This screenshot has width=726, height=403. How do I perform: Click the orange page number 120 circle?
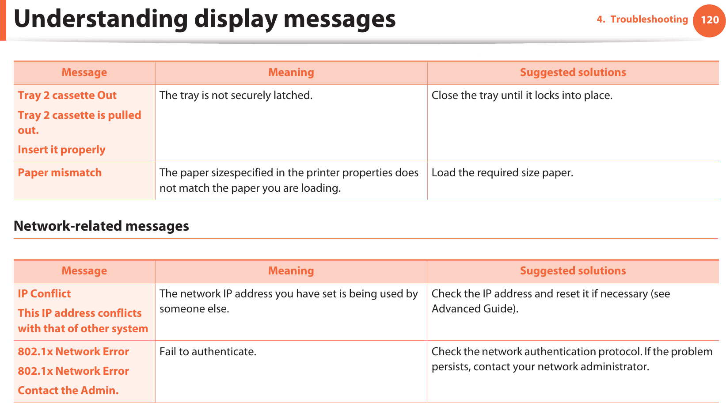click(x=709, y=20)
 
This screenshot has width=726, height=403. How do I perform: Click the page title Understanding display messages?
click(x=205, y=19)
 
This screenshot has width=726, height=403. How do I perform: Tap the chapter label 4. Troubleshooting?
click(x=642, y=19)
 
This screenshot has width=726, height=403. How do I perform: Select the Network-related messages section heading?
click(x=101, y=226)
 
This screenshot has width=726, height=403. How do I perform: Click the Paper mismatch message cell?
click(x=60, y=173)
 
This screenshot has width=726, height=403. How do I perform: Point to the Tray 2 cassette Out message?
click(x=67, y=95)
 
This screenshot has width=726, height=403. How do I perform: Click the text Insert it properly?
click(x=61, y=150)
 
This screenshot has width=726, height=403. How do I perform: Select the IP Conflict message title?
click(x=44, y=294)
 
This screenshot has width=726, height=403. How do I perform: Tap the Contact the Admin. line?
click(x=68, y=391)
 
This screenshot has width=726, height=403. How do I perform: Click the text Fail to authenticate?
click(x=208, y=352)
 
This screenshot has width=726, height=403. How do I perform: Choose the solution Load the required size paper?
click(x=502, y=173)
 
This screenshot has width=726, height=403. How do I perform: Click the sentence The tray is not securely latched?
click(x=236, y=95)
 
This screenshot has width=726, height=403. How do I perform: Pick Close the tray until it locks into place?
click(x=522, y=95)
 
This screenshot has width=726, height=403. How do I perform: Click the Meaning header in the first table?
click(x=291, y=72)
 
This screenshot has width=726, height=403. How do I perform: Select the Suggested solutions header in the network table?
click(x=573, y=271)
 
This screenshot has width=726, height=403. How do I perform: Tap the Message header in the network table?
click(x=84, y=271)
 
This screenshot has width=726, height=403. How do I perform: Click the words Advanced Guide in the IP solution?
click(x=472, y=309)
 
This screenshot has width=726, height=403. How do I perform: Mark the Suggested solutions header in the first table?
click(x=573, y=72)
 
